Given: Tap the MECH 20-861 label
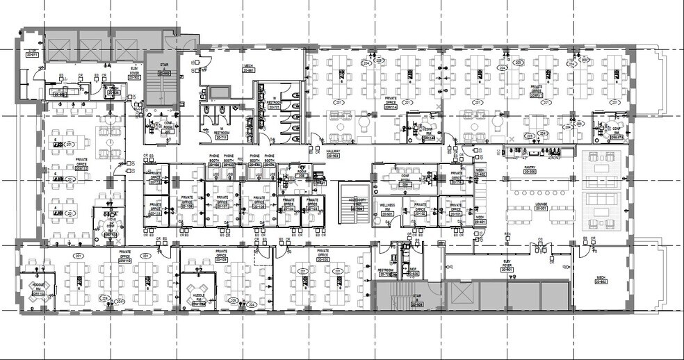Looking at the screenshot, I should click(248, 69).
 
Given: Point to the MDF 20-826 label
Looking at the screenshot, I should click(413, 272).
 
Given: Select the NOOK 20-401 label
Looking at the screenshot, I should click(480, 219).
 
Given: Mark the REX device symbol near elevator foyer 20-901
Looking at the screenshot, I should click(507, 234).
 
